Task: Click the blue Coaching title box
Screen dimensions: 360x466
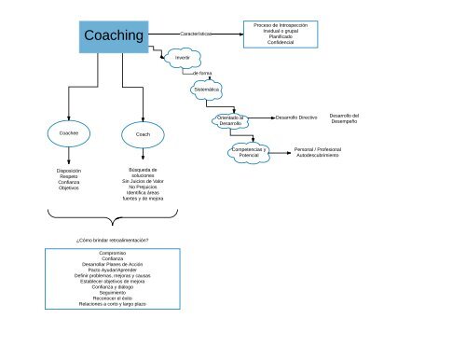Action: coord(115,35)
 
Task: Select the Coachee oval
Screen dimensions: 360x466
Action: coord(68,134)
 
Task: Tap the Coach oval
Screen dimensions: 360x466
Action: coord(143,134)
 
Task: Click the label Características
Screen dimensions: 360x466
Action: coord(197,34)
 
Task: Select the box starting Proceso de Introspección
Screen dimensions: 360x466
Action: coord(281,34)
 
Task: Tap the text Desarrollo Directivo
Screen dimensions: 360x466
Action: coord(296,118)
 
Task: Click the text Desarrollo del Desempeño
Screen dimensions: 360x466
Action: coord(344,118)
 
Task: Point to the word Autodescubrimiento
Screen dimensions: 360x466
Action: coord(318,154)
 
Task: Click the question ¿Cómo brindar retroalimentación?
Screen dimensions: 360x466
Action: coord(112,241)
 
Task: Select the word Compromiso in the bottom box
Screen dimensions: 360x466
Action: coord(112,254)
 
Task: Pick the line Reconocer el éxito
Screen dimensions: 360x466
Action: coord(112,298)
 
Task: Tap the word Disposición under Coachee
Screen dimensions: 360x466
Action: coord(69,171)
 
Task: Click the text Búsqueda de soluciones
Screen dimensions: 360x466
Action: coord(143,173)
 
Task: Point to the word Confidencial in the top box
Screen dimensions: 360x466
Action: coord(281,43)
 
